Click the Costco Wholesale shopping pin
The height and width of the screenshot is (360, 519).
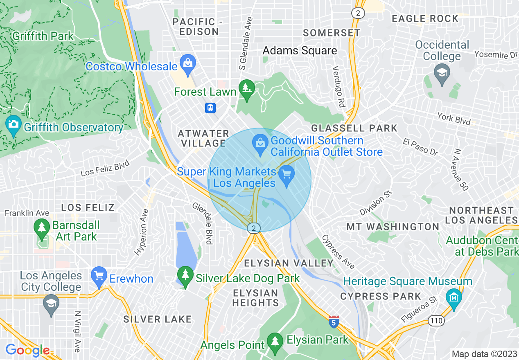188,64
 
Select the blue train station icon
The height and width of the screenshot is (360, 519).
210,108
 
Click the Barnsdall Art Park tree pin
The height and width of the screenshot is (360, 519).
41,229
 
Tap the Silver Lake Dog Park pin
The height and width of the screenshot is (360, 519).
185,277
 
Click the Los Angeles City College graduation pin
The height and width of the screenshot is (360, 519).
51,305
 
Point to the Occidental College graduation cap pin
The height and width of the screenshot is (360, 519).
442,74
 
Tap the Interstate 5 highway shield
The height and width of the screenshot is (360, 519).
334,322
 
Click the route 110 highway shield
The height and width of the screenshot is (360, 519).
436,321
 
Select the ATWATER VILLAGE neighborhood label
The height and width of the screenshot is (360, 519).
203,138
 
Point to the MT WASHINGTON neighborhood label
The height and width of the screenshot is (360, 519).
393,227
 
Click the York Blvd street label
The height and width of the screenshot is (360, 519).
454,119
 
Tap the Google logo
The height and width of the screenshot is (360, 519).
28,351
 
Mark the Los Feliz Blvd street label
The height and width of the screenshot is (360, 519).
105,168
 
